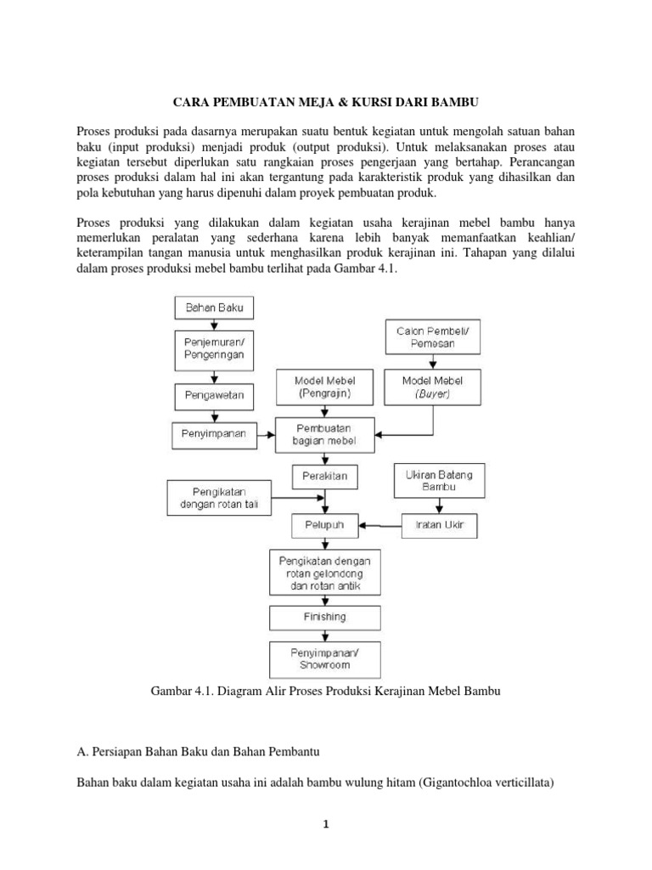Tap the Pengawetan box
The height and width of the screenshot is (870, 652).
[214, 395]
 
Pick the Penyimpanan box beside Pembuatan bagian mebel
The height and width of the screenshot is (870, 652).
[214, 434]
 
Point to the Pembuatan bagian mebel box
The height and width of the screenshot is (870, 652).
[324, 433]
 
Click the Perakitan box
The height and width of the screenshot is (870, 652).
[324, 476]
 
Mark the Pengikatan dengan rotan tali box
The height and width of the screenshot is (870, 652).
[219, 498]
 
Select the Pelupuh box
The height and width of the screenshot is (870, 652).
[324, 526]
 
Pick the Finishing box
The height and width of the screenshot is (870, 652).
[325, 616]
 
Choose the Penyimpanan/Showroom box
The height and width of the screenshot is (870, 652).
[325, 658]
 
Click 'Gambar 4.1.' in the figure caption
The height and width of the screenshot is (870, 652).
[180, 692]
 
